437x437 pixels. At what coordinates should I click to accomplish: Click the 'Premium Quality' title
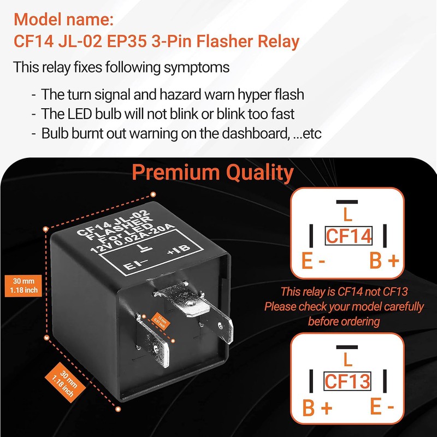coord(213,173)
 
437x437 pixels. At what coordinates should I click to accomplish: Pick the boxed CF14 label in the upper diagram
coord(348,235)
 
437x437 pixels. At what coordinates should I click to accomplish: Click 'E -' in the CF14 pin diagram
coord(314,262)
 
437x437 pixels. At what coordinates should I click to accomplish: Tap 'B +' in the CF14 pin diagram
coord(384,262)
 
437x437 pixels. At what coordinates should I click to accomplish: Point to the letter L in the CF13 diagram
coord(347,360)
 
